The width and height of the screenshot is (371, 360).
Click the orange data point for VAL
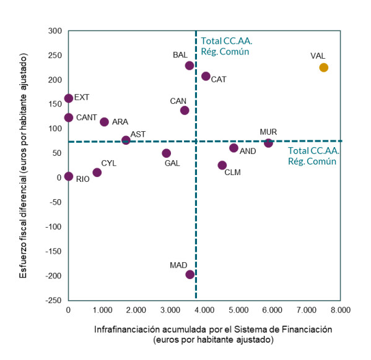coord(323,67)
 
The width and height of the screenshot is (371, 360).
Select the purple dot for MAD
coord(190,275)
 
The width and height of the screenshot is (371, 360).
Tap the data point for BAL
coord(190,66)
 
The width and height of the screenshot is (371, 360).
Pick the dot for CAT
coord(206,76)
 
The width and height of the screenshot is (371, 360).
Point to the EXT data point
coord(69,98)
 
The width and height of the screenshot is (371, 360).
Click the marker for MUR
coord(268,143)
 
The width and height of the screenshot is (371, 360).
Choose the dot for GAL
coord(167,153)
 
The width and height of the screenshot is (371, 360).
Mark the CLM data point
coord(222,165)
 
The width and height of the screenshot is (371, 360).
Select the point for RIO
coord(69,176)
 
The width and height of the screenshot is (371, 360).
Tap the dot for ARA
coord(104,122)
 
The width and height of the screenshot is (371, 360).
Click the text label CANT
coord(87,118)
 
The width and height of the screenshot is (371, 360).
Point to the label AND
coord(248,151)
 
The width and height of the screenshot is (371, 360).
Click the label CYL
coord(108,163)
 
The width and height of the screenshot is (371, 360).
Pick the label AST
coord(137,134)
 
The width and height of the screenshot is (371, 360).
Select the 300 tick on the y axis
coord(55,31)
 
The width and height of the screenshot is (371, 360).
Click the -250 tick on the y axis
coord(53,301)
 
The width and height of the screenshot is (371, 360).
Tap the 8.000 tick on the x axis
coord(341,310)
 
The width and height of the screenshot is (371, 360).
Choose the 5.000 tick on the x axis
coord(238,310)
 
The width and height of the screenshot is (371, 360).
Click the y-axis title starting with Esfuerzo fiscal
coord(23,166)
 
